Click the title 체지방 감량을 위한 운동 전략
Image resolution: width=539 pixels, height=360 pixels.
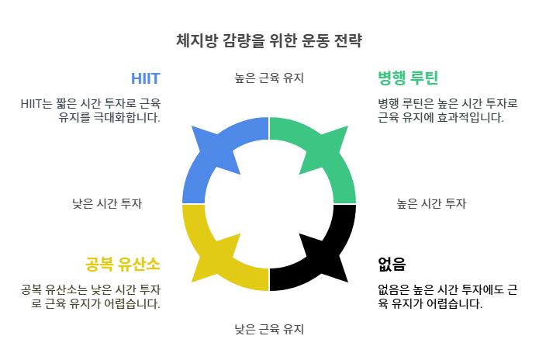pos(269,40)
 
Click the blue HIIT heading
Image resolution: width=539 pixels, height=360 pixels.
pos(145,78)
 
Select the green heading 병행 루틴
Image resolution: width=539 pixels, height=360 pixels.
pos(408,78)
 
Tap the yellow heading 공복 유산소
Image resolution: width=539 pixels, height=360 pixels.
pos(123,264)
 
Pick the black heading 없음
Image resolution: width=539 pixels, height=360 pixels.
pos(392,264)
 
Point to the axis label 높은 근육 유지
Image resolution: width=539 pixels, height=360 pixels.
pos(269,78)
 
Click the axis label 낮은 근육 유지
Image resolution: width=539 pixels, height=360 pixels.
pos(269,329)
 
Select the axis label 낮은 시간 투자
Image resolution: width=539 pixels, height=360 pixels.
pos(107,203)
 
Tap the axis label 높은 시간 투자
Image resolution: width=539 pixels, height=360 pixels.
pos(431,203)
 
